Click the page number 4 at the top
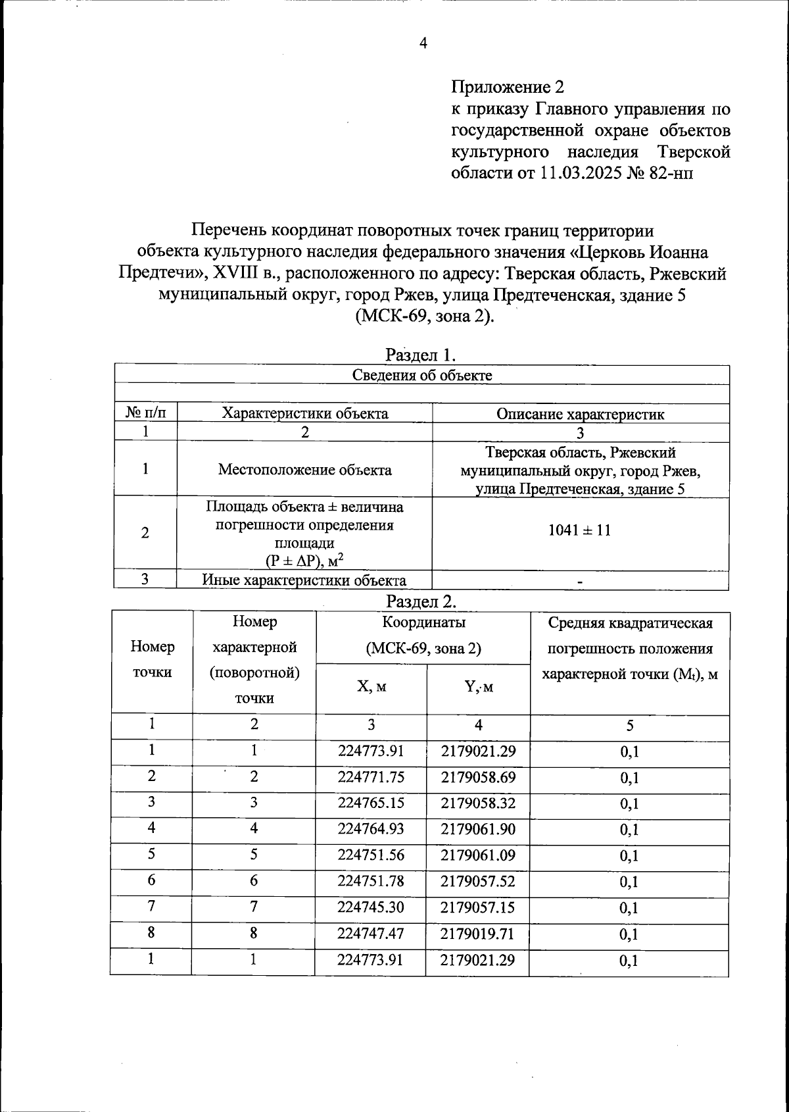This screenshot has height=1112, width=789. (x=423, y=43)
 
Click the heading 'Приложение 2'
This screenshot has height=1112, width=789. (x=508, y=87)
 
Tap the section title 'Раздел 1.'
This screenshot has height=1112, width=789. (x=421, y=355)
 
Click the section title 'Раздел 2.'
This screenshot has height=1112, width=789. (x=421, y=601)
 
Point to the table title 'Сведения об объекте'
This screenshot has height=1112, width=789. (x=422, y=376)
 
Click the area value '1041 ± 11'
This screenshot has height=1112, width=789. (x=579, y=530)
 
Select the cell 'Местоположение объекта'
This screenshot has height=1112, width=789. (x=304, y=470)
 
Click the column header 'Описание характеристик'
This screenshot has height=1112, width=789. (x=580, y=414)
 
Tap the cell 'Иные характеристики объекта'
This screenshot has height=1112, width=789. (x=304, y=580)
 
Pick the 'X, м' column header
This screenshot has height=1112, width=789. (x=371, y=686)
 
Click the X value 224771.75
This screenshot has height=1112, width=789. (x=371, y=777)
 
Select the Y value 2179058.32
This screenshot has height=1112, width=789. (x=478, y=803)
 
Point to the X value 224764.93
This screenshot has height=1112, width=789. (x=371, y=829)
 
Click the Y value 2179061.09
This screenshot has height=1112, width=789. (x=478, y=855)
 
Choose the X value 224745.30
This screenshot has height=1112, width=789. (x=371, y=907)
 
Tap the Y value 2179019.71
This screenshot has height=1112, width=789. (x=478, y=934)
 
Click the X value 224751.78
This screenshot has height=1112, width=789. (x=371, y=881)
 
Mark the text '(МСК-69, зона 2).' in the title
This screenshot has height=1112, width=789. (x=424, y=316)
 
